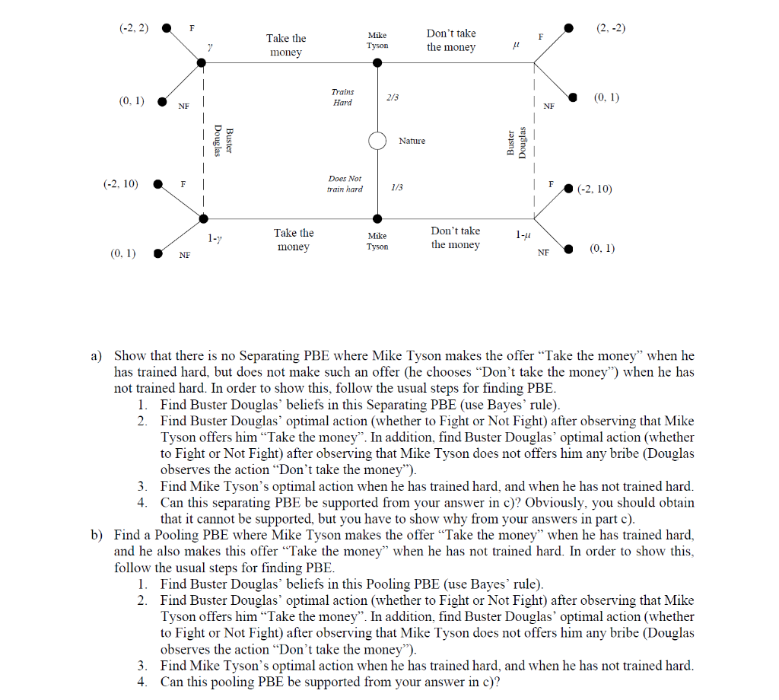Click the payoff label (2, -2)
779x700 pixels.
[x=610, y=28]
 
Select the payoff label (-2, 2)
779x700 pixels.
[x=134, y=28]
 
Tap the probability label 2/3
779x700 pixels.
[x=393, y=97]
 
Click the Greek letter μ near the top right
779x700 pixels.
[x=517, y=47]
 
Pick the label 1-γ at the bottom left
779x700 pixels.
[x=215, y=238]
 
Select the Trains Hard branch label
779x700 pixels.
[x=342, y=97]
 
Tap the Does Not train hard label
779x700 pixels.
[x=345, y=183]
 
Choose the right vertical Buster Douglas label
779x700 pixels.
[x=517, y=143]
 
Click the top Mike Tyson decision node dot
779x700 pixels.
[x=377, y=62]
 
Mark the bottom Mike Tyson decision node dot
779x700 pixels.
[x=377, y=219]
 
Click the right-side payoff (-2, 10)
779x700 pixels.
[x=594, y=188]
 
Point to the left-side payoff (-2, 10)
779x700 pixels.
[x=121, y=183]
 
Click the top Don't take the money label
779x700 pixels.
[x=451, y=40]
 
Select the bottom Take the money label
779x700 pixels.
[x=294, y=240]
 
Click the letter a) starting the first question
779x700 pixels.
[x=97, y=355]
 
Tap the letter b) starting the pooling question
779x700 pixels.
[x=97, y=535]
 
